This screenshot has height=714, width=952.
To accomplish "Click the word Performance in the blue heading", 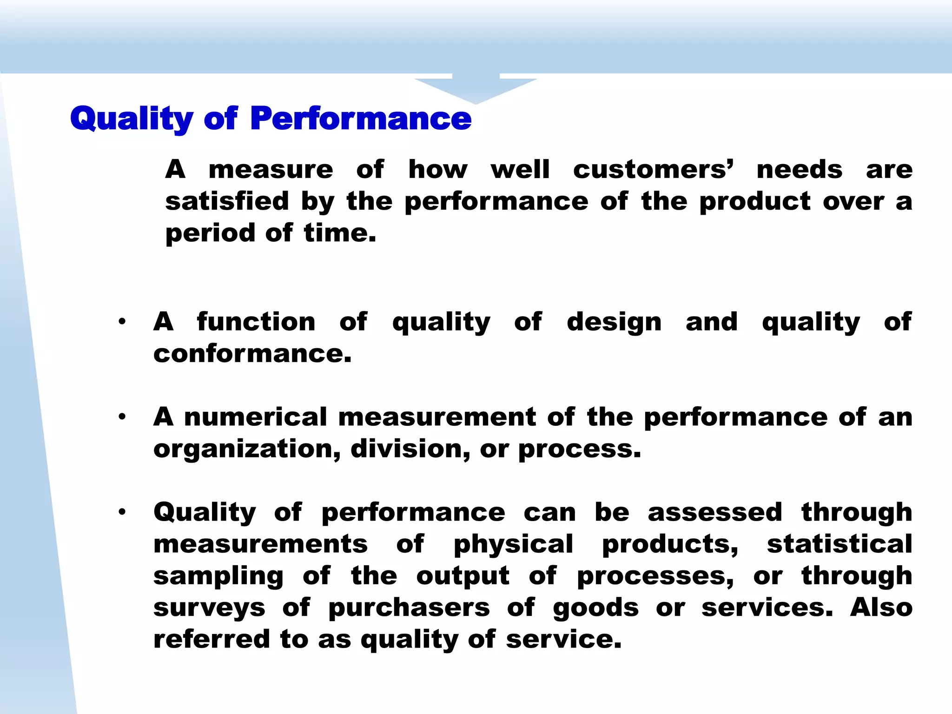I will point(361,119).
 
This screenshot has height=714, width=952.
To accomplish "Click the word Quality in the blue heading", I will point(132,119).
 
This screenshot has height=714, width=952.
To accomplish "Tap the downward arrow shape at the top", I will point(476,88).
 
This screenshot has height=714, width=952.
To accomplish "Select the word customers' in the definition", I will point(653,169).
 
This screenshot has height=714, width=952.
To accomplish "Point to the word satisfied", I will point(227,201).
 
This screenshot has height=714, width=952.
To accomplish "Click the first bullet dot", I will point(122,322).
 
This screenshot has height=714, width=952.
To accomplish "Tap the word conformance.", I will point(252,354).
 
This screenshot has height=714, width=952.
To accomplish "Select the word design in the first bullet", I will point(614,322).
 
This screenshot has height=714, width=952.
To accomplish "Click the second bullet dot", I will point(122,417).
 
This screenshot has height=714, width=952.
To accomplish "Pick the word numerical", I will point(256,417).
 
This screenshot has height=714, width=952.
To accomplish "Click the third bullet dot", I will point(122,512).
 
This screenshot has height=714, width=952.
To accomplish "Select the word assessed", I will point(715,512).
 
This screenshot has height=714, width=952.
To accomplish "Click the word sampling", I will point(218,576).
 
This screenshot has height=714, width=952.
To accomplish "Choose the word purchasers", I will point(409,608).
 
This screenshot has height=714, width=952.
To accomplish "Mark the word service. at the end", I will point(564,639).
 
